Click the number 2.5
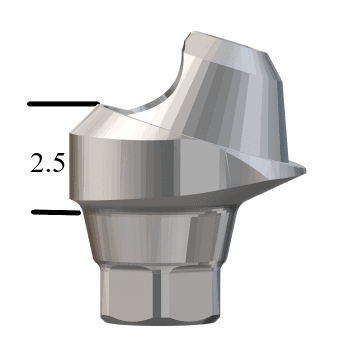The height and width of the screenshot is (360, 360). (49, 163)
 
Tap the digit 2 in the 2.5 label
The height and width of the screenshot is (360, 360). (38, 163)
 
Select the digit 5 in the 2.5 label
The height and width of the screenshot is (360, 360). (60, 163)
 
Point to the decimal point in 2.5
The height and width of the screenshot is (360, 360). (49, 171)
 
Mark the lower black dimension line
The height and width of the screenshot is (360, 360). (55, 212)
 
